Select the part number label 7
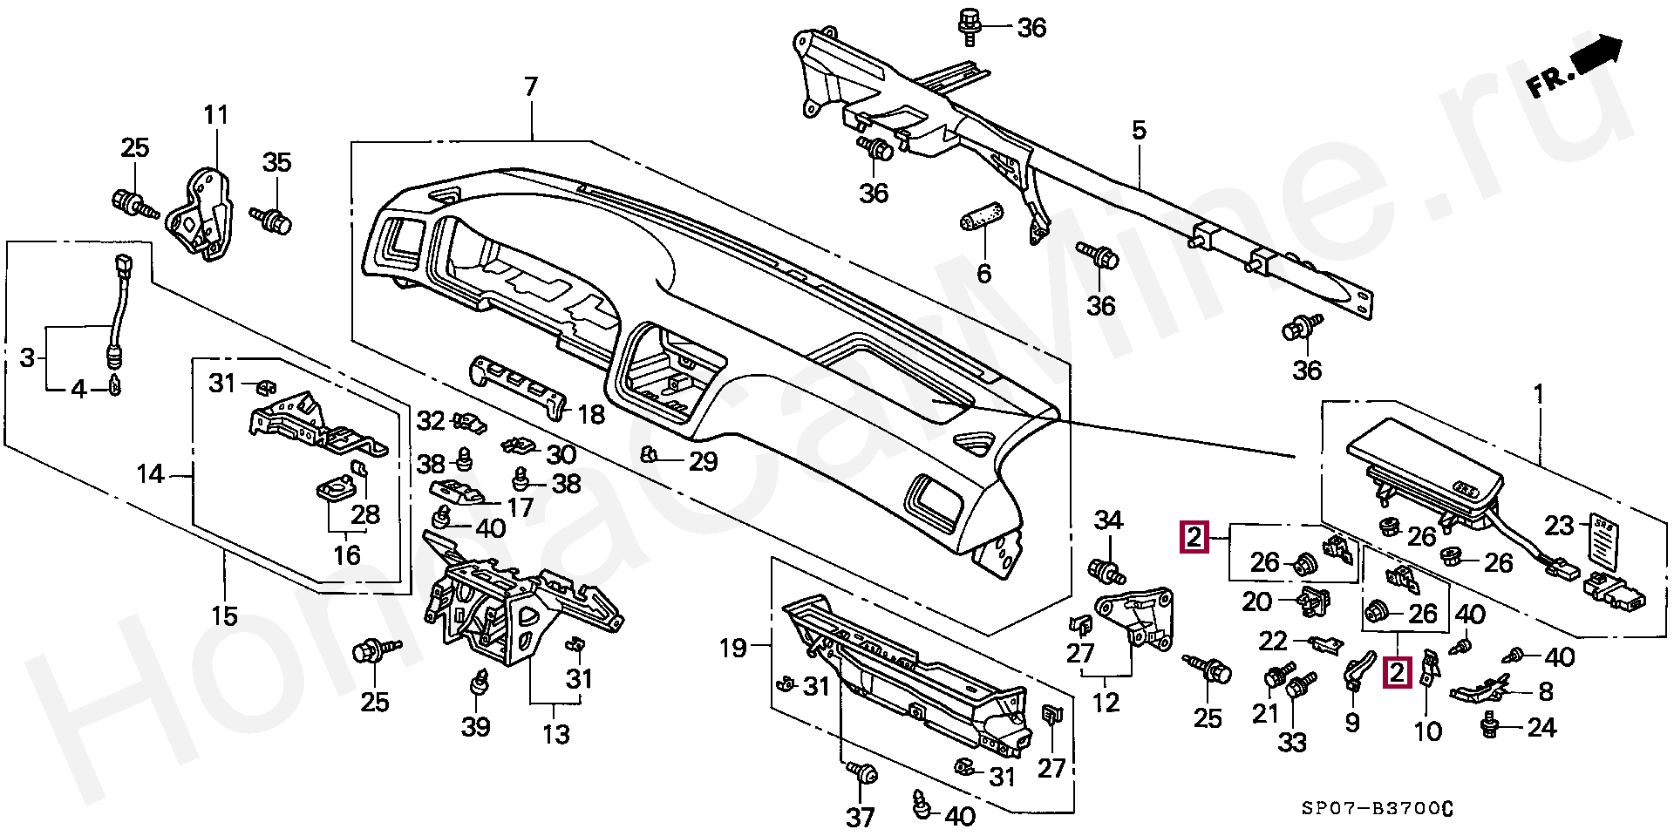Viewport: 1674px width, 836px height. pos(531,87)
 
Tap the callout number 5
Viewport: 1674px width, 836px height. pos(1139,131)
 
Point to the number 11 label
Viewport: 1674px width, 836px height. pos(215,115)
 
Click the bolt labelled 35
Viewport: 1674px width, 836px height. pos(273,219)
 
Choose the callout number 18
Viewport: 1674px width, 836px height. pos(591,414)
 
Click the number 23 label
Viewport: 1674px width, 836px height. pos(1559,526)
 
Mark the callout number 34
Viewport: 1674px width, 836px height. pos(1108,520)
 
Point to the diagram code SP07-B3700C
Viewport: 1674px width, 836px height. pos(1378,808)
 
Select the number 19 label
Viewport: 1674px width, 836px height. pos(732,648)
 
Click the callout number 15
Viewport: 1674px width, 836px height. pos(224,616)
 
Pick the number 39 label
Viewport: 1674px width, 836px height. pos(476,726)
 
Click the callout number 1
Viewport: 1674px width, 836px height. pos(1539,395)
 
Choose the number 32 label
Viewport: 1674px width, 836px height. pos(431,421)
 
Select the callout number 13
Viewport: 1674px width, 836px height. pos(555,734)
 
